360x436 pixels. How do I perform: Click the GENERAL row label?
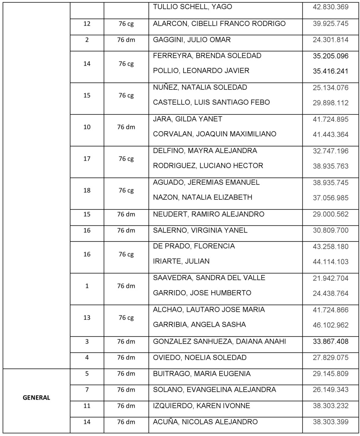point(36,398)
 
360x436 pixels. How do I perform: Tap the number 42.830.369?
point(331,7)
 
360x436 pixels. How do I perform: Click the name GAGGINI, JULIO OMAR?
point(192,40)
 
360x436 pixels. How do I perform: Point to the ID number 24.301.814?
point(331,40)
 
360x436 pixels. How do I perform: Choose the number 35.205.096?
point(331,56)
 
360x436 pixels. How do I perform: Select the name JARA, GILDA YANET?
point(188,119)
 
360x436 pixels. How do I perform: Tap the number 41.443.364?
point(331,134)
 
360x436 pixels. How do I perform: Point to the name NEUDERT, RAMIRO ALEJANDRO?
point(209,214)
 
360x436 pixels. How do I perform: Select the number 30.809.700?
point(331,230)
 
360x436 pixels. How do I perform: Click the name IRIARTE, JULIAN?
point(176,261)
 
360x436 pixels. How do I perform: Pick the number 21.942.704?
point(331,278)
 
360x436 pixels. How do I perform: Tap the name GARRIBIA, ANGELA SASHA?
point(200,325)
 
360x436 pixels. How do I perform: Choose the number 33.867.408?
point(331,342)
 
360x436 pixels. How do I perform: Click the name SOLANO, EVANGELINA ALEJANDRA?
point(214,390)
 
